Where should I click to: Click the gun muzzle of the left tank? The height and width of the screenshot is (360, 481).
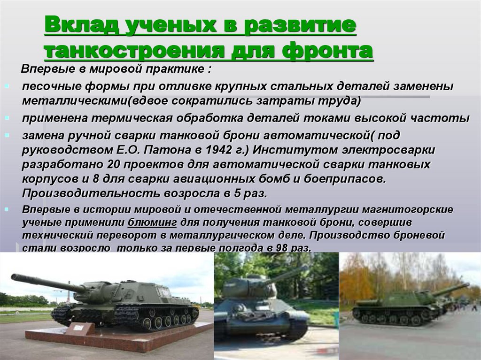15,277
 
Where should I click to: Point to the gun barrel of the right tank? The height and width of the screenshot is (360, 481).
451,289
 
